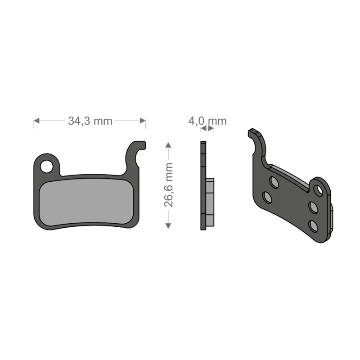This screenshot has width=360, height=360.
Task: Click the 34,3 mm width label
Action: [90, 121]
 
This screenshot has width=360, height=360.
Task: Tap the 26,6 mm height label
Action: [169, 184]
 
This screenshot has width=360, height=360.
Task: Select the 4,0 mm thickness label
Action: [207, 121]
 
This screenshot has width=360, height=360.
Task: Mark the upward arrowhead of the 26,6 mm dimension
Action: [168, 145]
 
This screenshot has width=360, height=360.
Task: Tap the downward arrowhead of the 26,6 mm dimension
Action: [168, 225]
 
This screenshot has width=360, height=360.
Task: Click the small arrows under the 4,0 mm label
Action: [207, 129]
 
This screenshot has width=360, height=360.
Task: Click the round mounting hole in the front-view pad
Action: [46, 166]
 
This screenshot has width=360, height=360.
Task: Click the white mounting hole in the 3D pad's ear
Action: [319, 190]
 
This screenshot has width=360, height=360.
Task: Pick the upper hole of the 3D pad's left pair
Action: [274, 182]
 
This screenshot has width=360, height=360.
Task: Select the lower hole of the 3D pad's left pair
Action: [267, 198]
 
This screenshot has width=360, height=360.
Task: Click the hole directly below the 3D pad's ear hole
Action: [313, 207]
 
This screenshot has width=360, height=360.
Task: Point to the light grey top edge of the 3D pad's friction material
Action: [292, 173]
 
